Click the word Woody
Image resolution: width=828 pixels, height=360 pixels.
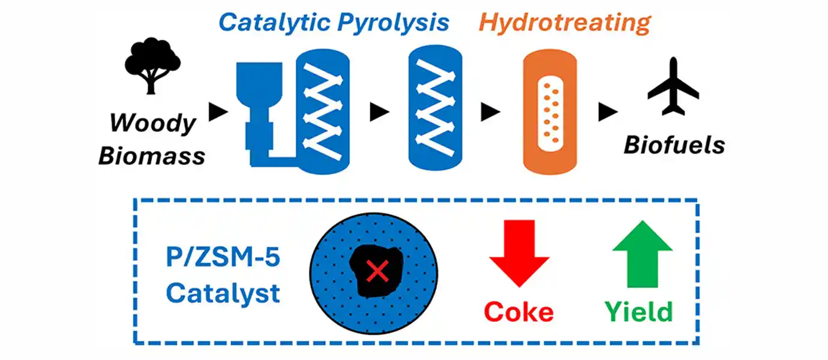(152, 124)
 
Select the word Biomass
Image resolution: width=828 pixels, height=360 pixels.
(152, 155)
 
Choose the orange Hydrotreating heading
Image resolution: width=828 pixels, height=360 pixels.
(565, 22)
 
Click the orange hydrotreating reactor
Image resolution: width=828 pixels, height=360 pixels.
(550, 112)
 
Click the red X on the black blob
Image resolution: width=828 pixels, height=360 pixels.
(376, 273)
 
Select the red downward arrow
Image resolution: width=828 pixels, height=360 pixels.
(520, 252)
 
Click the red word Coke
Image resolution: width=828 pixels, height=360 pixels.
(518, 312)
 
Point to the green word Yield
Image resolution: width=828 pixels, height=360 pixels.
(638, 312)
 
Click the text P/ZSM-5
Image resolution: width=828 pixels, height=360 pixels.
(223, 261)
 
